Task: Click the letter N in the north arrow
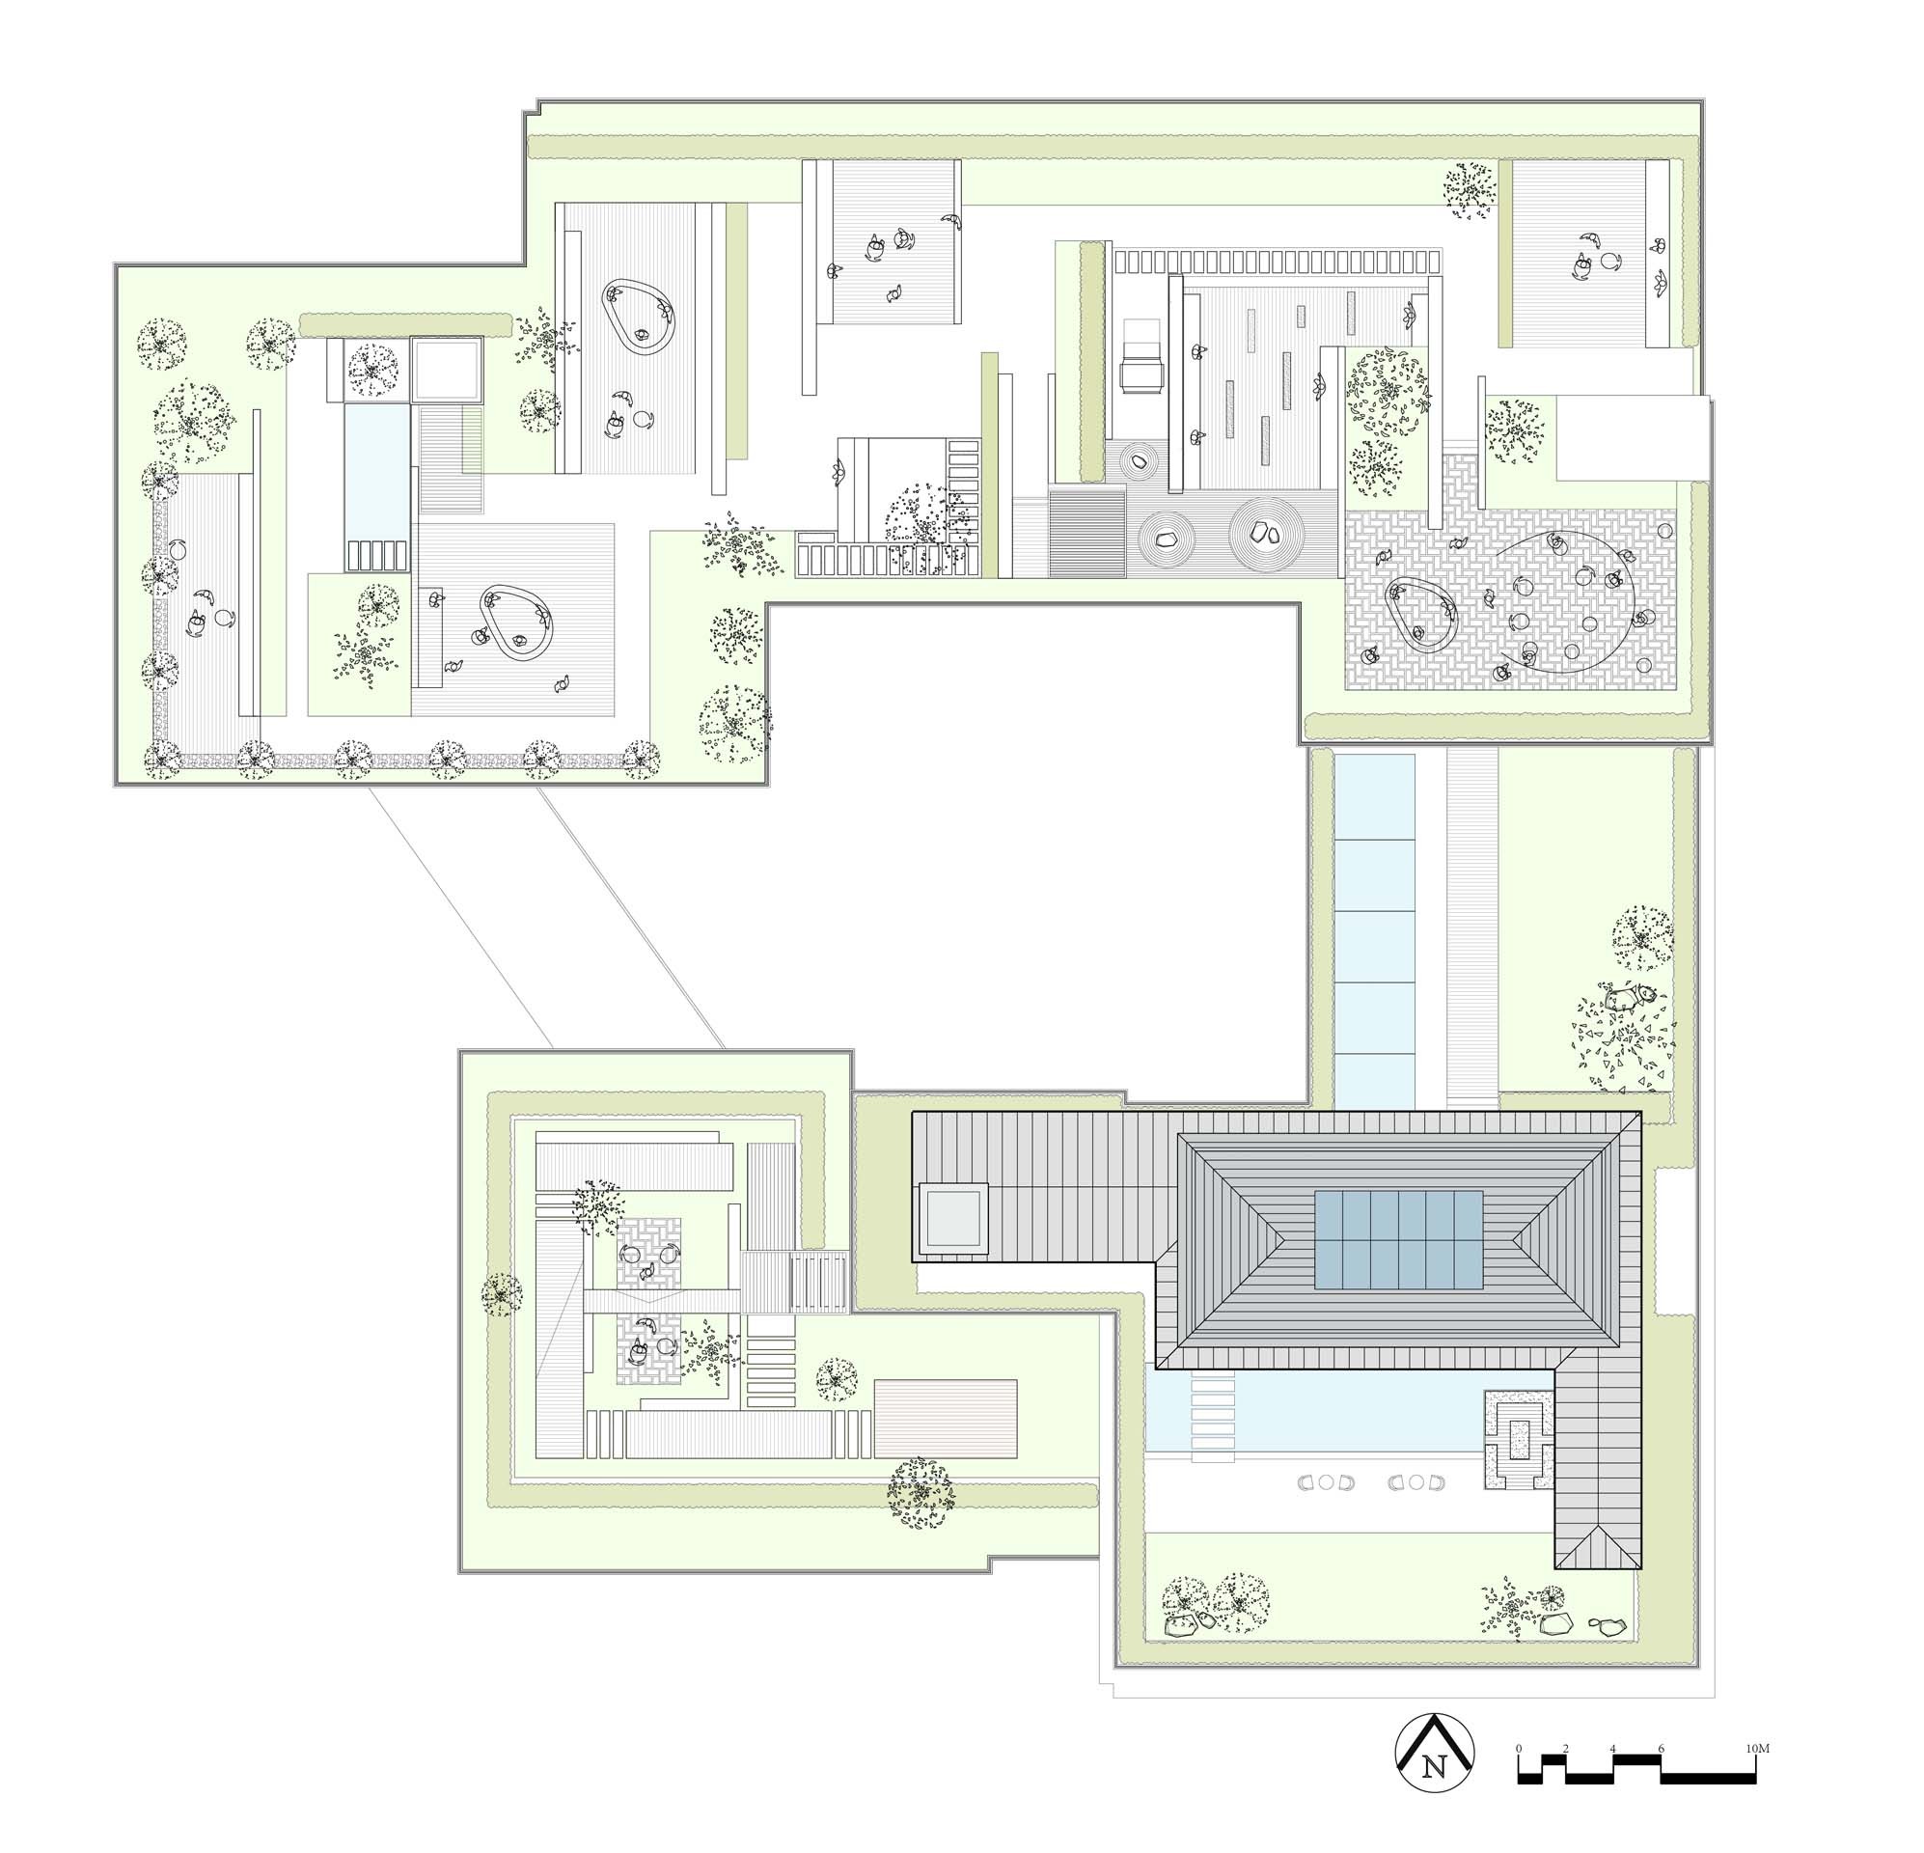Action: [x=1435, y=1765]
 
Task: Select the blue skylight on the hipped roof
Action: [x=1398, y=1239]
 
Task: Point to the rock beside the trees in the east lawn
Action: [x=1625, y=1000]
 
